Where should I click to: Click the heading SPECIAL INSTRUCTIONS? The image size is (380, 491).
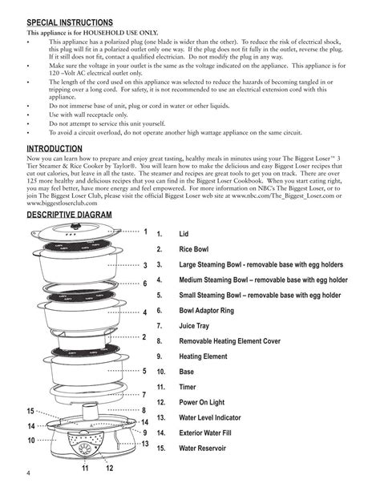tap(70, 22)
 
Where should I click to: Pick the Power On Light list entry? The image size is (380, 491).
tap(205, 402)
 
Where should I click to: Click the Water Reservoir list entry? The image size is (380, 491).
tap(208, 449)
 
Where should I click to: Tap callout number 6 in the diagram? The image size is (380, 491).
tap(145, 284)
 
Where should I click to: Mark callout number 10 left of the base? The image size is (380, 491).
tap(31, 441)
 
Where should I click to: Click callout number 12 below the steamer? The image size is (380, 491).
tap(109, 468)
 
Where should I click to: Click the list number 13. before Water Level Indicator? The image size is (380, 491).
tap(161, 418)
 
